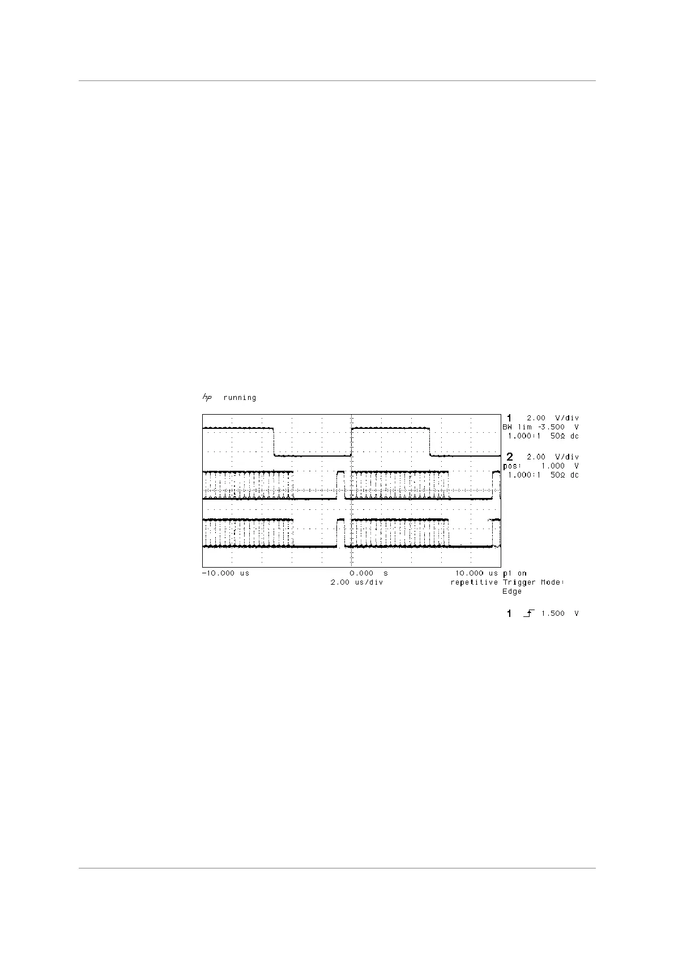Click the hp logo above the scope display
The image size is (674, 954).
[207, 398]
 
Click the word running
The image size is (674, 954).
[240, 398]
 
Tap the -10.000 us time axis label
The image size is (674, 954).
[225, 573]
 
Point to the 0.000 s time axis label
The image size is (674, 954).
[369, 573]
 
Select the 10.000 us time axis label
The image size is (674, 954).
[476, 573]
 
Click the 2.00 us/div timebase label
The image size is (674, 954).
[357, 582]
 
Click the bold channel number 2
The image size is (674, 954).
[510, 457]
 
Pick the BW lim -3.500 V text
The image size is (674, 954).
[541, 427]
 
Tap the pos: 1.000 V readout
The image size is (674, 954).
[541, 466]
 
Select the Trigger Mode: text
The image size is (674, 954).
[534, 582]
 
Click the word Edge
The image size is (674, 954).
[512, 591]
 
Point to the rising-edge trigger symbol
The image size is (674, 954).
[528, 614]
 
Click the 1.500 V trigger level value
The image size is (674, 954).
[560, 614]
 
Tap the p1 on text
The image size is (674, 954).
[515, 573]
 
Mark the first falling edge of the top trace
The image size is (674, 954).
[275, 442]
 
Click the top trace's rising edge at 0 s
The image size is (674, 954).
[352, 442]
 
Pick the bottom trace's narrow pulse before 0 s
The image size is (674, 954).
[340, 533]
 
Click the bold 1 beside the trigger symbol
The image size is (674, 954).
[510, 614]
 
